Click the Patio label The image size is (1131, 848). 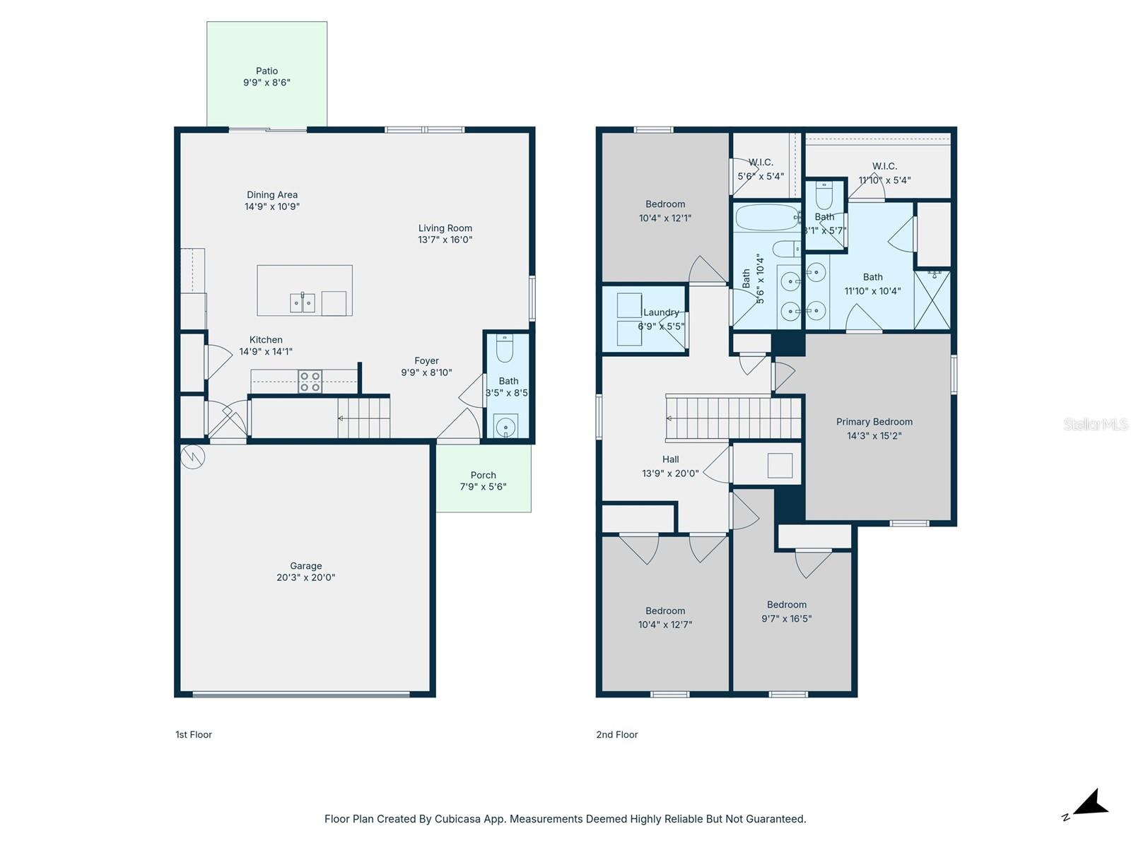[x=266, y=71]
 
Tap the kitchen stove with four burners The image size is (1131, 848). [x=310, y=382]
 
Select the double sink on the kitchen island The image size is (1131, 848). [x=303, y=302]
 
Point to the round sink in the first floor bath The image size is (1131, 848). [x=505, y=426]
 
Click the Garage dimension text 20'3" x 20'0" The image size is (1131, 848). [x=305, y=577]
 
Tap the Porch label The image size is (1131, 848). [x=483, y=475]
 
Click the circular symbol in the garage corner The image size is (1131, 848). [x=192, y=457]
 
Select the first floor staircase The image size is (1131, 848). [x=363, y=418]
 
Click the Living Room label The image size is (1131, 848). [x=445, y=228]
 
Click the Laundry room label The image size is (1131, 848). [x=661, y=312]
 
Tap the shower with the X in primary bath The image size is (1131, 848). [x=932, y=300]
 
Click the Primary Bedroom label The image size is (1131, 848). [x=874, y=422]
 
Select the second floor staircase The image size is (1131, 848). [x=733, y=418]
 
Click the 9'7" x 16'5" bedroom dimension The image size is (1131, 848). [x=786, y=618]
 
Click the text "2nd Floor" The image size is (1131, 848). [x=616, y=734]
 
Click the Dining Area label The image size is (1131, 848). [x=272, y=195]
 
